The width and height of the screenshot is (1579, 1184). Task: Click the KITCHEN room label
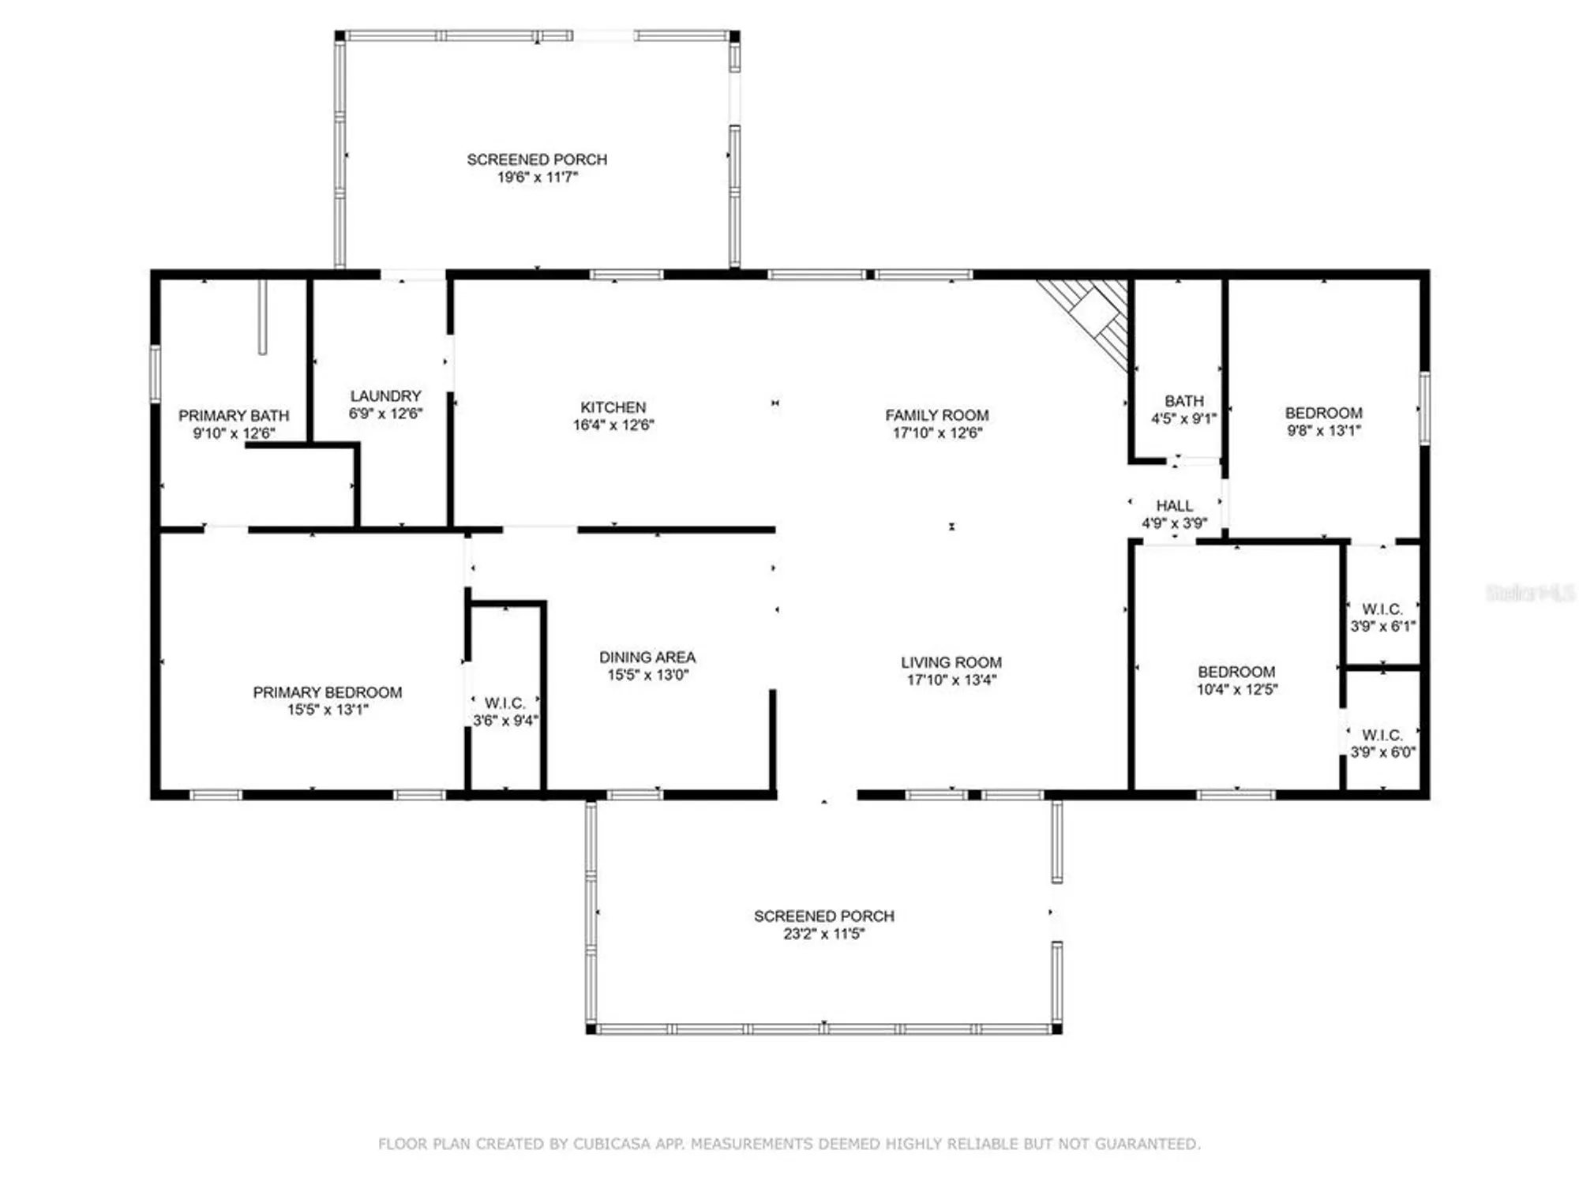pos(613,407)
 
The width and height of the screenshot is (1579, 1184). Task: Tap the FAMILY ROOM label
pos(936,415)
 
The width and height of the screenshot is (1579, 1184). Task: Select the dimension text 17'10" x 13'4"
pos(951,680)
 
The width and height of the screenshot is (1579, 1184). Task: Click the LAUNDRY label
pos(385,395)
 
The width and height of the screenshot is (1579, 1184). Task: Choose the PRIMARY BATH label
pos(234,415)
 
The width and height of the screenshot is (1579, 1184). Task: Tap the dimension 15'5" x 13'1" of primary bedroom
pos(328,710)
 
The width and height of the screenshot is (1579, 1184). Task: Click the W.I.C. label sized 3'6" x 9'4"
pos(504,703)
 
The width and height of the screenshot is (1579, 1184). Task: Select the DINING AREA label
pos(647,657)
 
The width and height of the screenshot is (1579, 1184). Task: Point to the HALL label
pos(1174,505)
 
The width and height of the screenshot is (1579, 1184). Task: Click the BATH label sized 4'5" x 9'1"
pos(1183,401)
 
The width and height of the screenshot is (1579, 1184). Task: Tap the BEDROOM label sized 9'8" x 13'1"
pos(1323,413)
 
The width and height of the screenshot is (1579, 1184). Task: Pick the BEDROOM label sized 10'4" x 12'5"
pos(1236,672)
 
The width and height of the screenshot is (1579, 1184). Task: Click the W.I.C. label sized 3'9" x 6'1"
pos(1382,609)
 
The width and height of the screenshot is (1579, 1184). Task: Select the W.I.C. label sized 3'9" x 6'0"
pos(1382,735)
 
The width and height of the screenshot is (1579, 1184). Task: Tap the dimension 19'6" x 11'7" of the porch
pos(537,178)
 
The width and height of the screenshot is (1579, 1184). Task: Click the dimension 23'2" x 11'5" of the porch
pos(823,934)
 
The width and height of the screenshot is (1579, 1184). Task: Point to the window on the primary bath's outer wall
pos(156,373)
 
